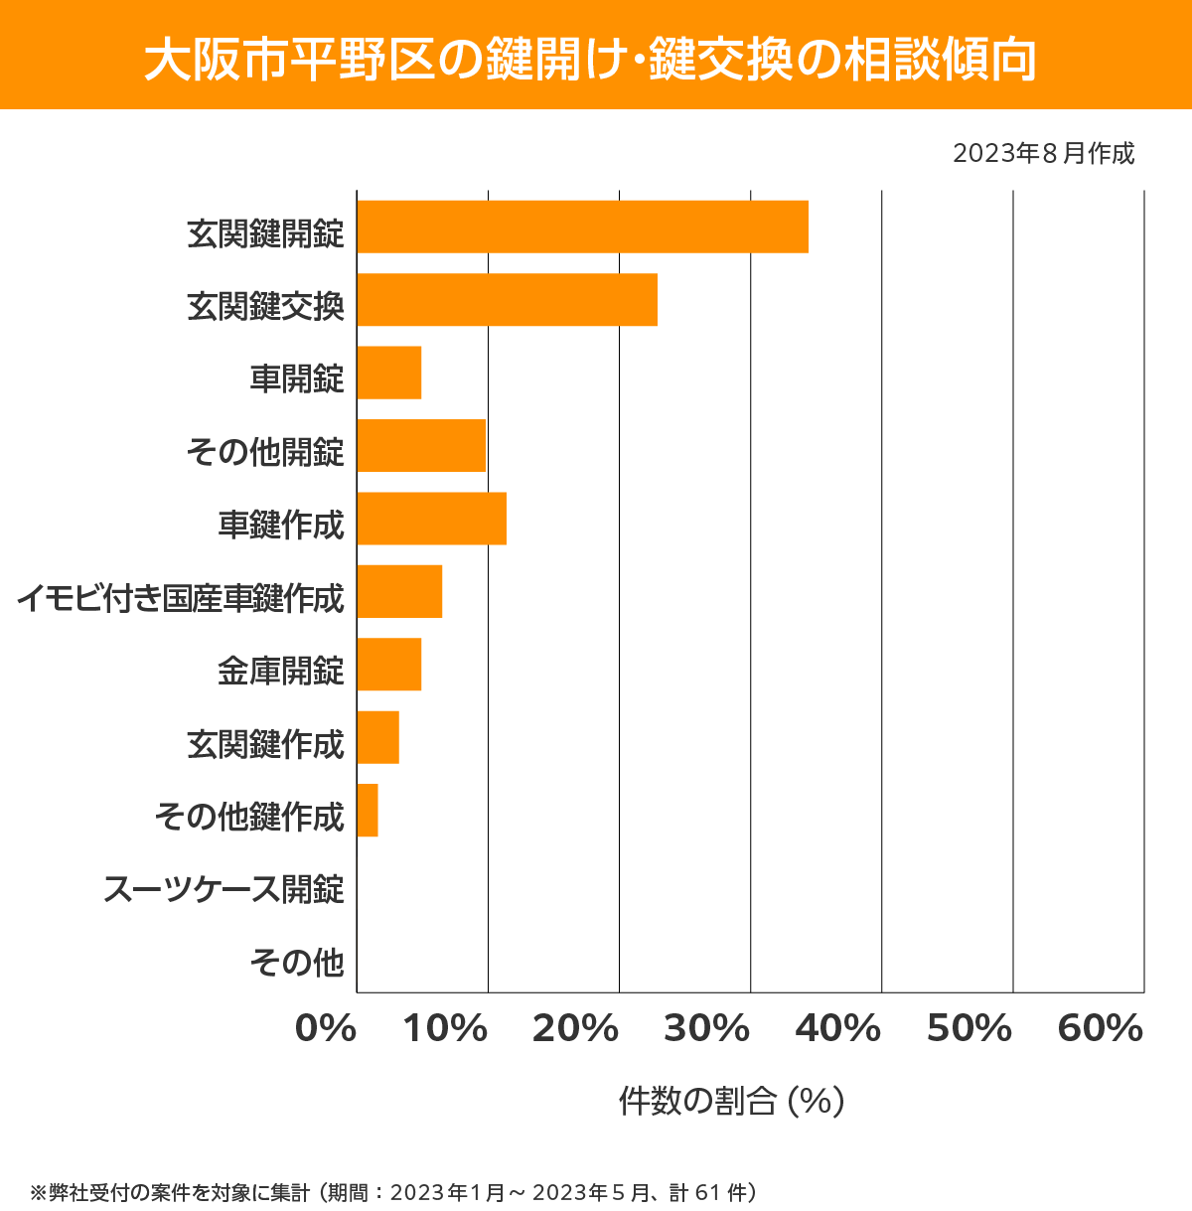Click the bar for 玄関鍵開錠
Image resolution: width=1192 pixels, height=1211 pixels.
[582, 227]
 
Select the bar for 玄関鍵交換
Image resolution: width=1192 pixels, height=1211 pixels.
[507, 299]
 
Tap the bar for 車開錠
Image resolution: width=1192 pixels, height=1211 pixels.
[389, 373]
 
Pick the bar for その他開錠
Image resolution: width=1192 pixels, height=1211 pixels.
[421, 445]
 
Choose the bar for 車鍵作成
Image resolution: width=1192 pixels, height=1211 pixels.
[431, 519]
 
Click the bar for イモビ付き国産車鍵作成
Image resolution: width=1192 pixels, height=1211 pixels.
[399, 591]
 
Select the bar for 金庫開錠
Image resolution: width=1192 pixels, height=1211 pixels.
[389, 664]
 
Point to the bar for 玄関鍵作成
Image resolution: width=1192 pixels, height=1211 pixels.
[378, 737]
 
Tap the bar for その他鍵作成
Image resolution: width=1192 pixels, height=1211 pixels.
[368, 810]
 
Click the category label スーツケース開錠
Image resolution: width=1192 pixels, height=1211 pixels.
[224, 888]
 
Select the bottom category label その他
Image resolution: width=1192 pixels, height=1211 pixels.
[297, 962]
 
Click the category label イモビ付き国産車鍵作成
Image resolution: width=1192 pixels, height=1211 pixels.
[181, 598]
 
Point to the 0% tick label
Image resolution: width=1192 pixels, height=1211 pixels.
[326, 1029]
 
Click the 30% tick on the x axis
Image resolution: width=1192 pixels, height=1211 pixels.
[706, 1029]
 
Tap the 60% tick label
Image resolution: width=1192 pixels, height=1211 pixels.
[1101, 1029]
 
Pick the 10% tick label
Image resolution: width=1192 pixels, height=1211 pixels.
[445, 1029]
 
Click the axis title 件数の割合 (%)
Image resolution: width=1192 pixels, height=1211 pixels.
[731, 1101]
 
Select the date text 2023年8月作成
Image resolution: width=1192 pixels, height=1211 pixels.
[1043, 154]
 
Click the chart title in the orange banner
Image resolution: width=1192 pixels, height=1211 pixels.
[590, 61]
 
